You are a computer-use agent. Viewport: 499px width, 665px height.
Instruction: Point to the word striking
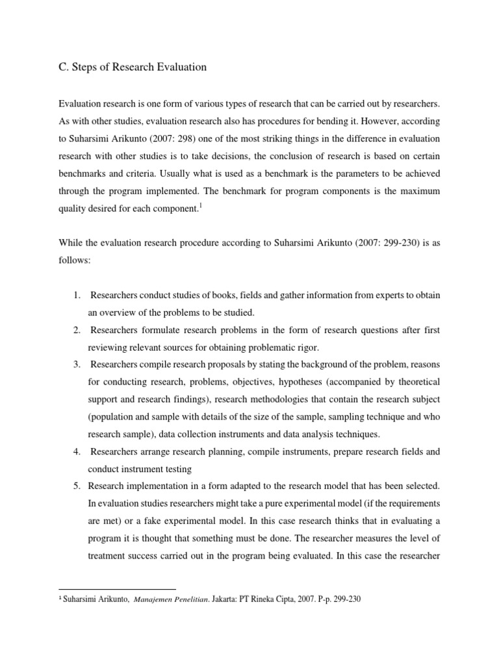point(303,138)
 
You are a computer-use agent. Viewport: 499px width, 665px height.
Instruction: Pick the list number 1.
point(77,295)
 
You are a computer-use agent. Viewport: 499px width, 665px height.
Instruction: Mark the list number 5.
point(77,468)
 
